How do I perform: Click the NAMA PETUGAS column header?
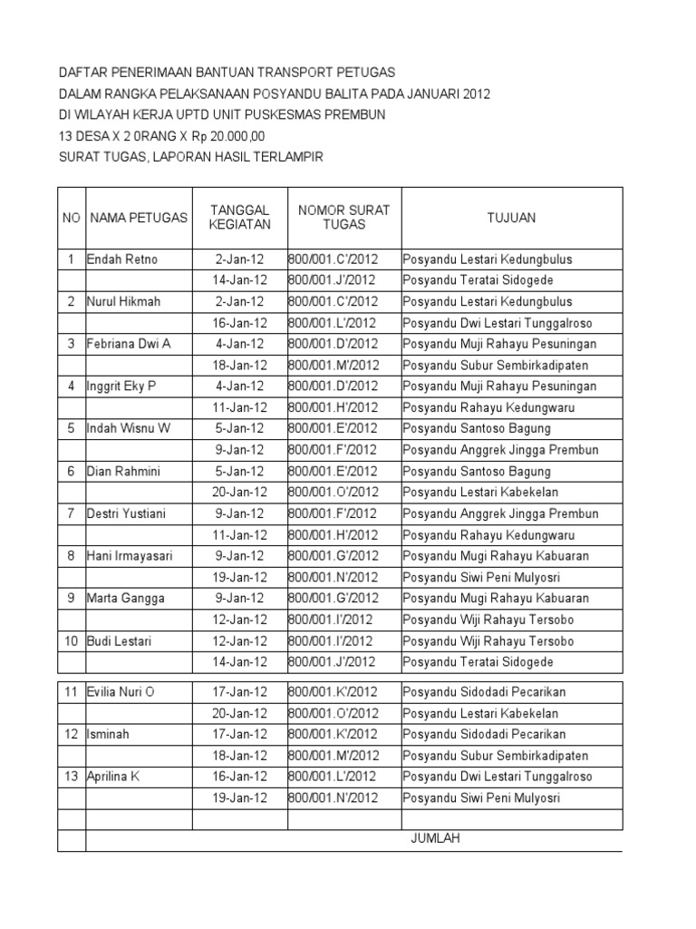tap(139, 217)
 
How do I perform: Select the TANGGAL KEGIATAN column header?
tap(239, 217)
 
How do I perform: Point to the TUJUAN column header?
tap(511, 217)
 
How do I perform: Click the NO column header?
tap(71, 217)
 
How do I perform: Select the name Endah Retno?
tap(122, 259)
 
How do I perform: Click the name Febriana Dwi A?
tap(128, 344)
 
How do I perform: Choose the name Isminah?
tap(107, 734)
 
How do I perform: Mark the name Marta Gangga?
tap(121, 599)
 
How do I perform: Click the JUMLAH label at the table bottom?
tap(435, 838)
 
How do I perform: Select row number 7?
tap(71, 513)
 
